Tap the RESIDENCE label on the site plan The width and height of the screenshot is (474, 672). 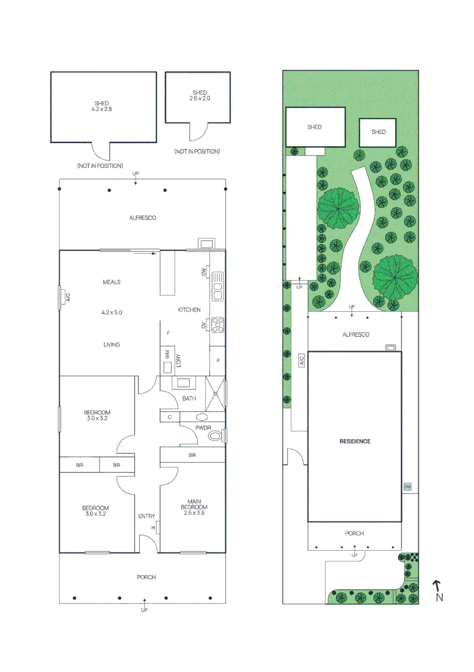pos(355,441)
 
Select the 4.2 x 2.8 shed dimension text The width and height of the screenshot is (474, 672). pos(101,109)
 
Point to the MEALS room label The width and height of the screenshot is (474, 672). pos(111,282)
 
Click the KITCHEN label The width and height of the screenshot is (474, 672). pos(189,309)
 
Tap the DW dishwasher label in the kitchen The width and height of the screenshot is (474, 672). pos(203,272)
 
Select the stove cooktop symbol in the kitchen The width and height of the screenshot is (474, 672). pos(218,324)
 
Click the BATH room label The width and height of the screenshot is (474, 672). pos(189,398)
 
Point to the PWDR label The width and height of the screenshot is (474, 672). pos(203,428)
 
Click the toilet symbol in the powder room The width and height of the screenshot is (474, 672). pos(215,436)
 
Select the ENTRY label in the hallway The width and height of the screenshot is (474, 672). pos(146,516)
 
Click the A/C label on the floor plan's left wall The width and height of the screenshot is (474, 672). pos(68,297)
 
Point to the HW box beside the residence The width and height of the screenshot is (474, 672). pos(408,487)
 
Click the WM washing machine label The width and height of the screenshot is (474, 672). pos(166,353)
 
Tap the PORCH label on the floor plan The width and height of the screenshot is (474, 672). pos(146,577)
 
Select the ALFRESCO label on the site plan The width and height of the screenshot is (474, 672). pos(355,335)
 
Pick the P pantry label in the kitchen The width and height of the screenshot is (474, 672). pos(217,360)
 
